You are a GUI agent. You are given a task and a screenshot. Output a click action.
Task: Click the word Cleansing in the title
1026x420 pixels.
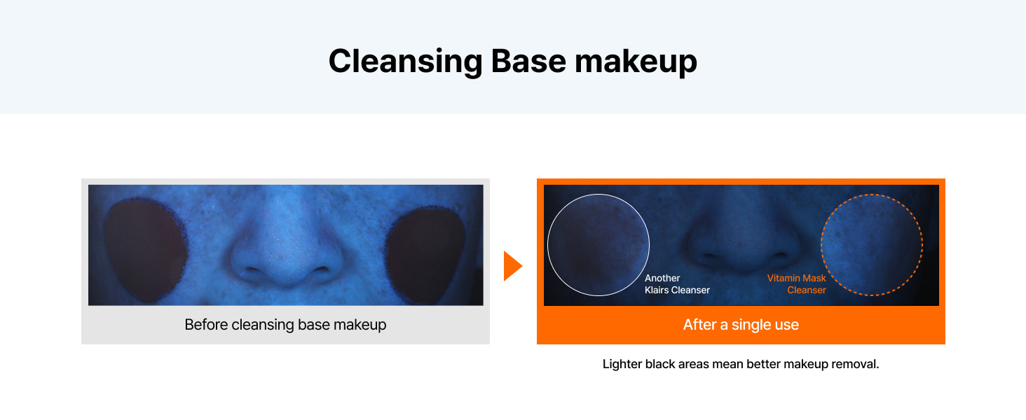(405, 62)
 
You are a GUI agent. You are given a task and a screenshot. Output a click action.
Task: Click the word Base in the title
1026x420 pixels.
(528, 61)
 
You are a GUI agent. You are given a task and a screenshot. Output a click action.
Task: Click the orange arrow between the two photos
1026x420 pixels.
(513, 266)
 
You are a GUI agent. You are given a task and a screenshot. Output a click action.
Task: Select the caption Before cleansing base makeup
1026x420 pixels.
(285, 324)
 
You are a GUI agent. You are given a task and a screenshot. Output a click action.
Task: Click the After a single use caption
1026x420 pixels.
(741, 324)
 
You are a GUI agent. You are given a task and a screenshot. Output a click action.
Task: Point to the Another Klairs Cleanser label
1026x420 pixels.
(677, 283)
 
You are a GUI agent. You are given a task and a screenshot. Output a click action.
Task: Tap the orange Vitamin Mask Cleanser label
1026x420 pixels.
(797, 283)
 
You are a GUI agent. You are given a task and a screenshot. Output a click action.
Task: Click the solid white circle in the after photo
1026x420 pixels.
(548, 245)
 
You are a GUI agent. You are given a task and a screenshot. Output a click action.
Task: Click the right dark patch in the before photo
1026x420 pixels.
(425, 254)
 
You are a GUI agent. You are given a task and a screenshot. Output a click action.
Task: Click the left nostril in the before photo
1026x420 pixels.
(251, 273)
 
